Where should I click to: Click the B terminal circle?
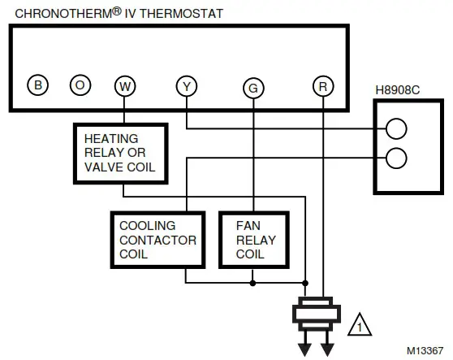coord(36,85)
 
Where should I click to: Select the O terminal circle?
coord(80,85)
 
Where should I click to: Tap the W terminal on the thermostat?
coord(123,85)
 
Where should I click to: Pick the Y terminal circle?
coord(186,85)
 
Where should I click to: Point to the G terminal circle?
coord(253,85)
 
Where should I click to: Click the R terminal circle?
coord(323,85)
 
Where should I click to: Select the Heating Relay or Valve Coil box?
coord(120,153)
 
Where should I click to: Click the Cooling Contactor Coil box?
coord(157,239)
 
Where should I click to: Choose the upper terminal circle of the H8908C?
coord(395,128)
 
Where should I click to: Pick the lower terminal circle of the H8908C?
coord(395,157)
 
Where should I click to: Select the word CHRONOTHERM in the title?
coord(54,12)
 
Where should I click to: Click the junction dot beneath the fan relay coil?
coord(253,283)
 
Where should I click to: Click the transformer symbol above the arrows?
coord(317,314)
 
